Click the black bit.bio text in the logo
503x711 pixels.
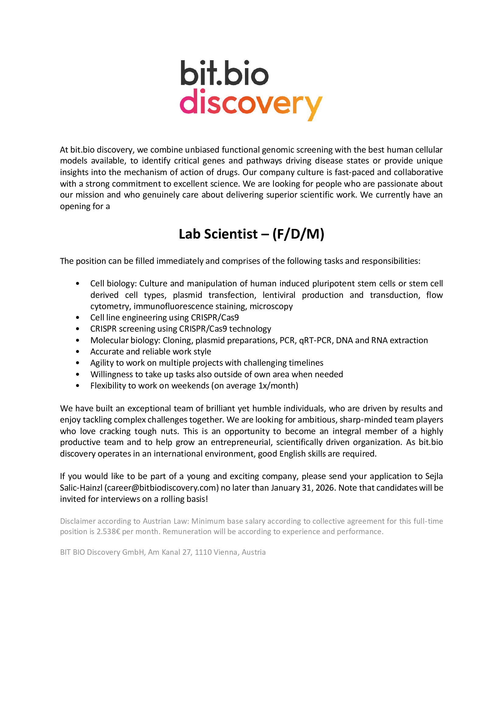[224, 73]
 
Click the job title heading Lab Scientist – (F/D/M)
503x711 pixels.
[251, 234]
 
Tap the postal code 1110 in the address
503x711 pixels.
[203, 552]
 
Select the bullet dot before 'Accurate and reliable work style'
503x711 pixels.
[78, 352]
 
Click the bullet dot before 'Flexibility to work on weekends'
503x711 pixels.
[78, 386]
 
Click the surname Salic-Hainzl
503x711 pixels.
[81, 488]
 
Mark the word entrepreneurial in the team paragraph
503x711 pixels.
[240, 442]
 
